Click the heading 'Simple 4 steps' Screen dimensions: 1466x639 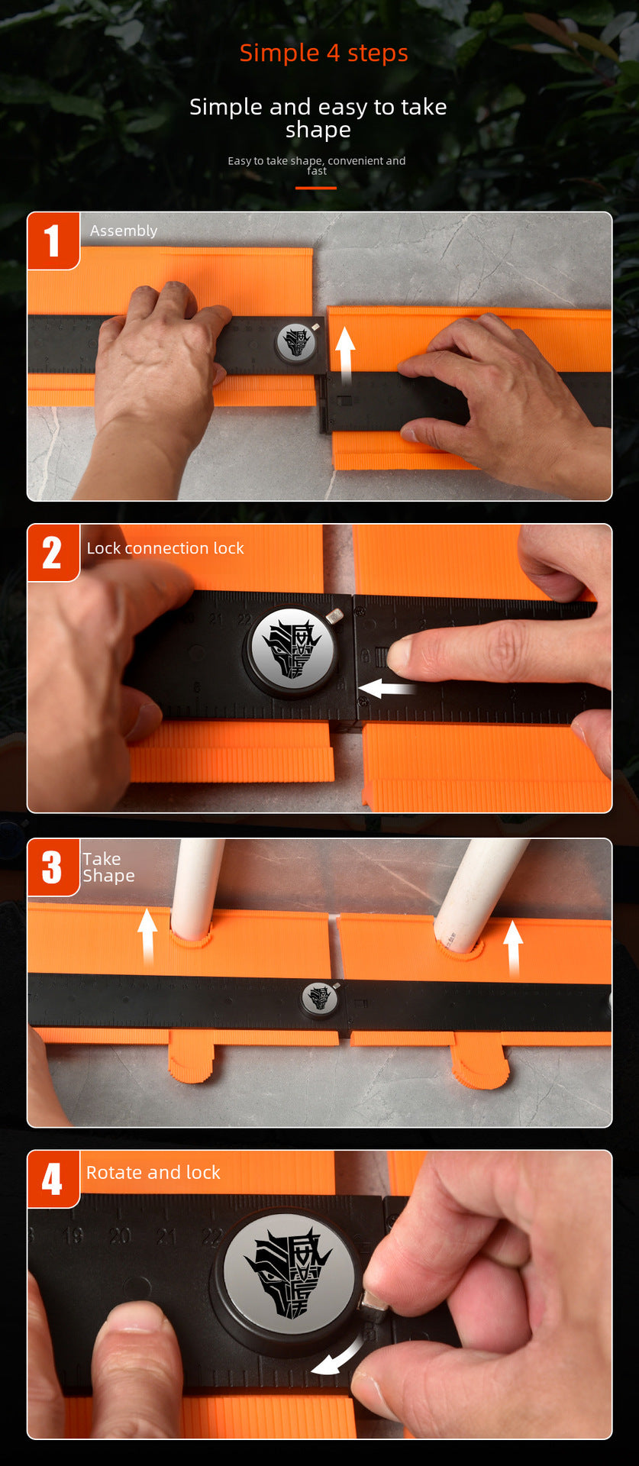coord(324,53)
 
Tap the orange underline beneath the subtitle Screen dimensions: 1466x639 coord(316,187)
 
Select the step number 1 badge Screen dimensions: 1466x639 coord(53,241)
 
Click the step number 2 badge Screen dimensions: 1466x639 coord(53,552)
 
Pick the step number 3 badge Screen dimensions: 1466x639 coord(53,867)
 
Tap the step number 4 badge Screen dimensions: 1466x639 coord(53,1178)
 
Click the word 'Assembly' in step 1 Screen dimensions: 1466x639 coord(124,231)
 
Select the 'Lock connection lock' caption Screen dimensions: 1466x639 coord(165,548)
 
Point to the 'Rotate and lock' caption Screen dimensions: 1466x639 coord(153,1172)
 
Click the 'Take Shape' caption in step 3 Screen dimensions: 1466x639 coord(108,867)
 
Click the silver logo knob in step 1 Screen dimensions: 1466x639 coord(296,342)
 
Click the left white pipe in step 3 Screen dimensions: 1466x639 coord(195,886)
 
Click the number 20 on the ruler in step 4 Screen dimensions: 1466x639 coord(120,1235)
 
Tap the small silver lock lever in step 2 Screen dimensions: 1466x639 coord(334,615)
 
